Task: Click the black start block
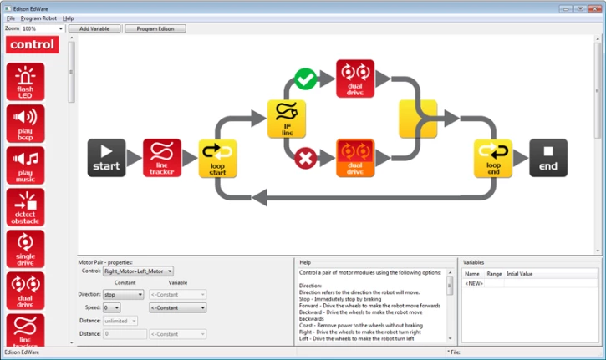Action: click(106, 158)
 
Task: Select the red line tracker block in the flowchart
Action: click(161, 158)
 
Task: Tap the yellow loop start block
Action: click(217, 158)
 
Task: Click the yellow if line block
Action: click(287, 119)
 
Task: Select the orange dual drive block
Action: click(355, 158)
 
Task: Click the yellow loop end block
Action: click(493, 158)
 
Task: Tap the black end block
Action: click(548, 158)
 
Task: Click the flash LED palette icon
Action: click(25, 82)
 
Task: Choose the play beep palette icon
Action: click(25, 124)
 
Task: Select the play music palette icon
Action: click(25, 165)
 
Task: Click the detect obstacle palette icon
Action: click(25, 207)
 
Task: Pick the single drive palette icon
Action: click(25, 249)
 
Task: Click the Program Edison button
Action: click(155, 28)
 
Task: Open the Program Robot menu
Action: click(40, 18)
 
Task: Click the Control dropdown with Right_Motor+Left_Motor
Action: click(138, 271)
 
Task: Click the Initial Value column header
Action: click(519, 273)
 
